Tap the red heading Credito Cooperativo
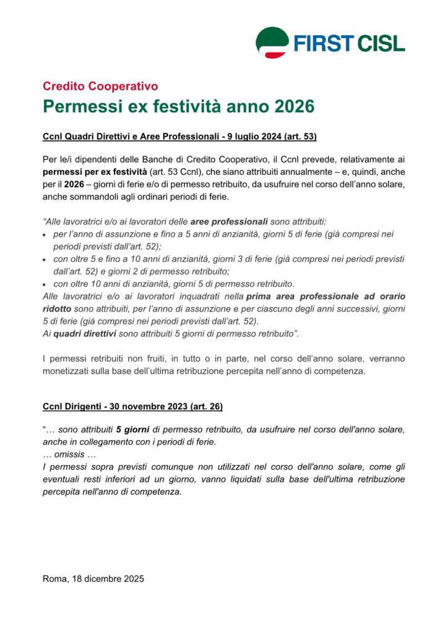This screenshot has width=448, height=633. (100, 86)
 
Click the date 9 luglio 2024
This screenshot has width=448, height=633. (257, 135)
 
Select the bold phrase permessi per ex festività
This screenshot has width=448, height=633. (95, 171)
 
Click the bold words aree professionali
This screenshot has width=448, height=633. (229, 221)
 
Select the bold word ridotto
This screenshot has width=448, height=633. (57, 308)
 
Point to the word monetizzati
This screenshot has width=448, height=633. (69, 372)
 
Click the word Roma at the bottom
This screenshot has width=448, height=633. (54, 579)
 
